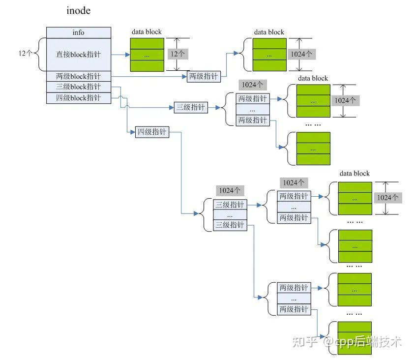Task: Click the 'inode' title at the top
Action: pyautogui.click(x=79, y=11)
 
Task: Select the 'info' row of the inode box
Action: pyautogui.click(x=79, y=32)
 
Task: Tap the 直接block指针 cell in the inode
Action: pyautogui.click(x=79, y=55)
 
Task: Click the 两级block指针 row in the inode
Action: pyautogui.click(x=79, y=76)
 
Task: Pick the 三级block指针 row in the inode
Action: pyautogui.click(x=79, y=87)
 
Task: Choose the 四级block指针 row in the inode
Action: pyautogui.click(x=79, y=98)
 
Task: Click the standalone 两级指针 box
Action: pyautogui.click(x=204, y=76)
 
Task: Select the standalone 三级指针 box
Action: pyautogui.click(x=191, y=107)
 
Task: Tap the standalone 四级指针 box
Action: pyautogui.click(x=152, y=132)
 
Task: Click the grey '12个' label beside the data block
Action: pyautogui.click(x=177, y=54)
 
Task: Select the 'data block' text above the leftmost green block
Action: pyautogui.click(x=146, y=32)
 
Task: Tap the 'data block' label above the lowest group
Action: pyautogui.click(x=354, y=173)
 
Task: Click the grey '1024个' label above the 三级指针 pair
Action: pyautogui.click(x=230, y=190)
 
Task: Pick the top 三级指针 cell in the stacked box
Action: pyautogui.click(x=230, y=205)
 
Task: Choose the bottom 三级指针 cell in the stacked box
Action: pyautogui.click(x=230, y=225)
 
